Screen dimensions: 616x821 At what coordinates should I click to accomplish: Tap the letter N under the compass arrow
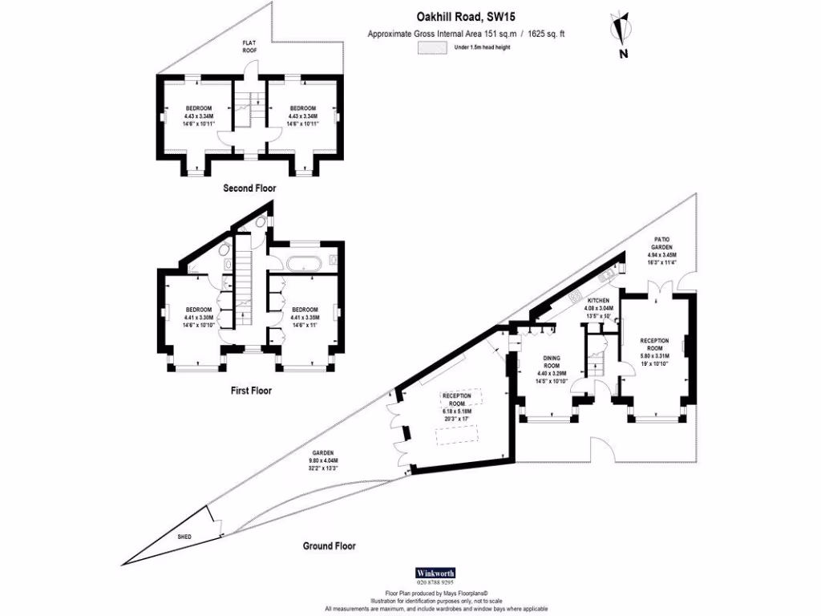tap(623, 54)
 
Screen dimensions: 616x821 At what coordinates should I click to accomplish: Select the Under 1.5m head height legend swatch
tap(433, 47)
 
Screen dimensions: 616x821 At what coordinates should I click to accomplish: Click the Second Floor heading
tap(249, 188)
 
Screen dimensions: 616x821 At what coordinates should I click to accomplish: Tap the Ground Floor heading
tap(329, 546)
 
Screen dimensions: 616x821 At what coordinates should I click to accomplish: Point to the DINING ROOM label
tap(552, 366)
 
